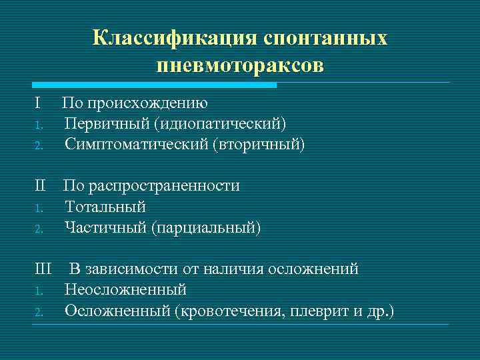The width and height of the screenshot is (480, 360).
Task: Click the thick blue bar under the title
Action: coord(154,85)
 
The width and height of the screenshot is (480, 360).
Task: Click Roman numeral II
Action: coord(40,186)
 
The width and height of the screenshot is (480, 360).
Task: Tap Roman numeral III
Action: coord(43,269)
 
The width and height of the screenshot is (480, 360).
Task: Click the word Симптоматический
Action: coord(135,144)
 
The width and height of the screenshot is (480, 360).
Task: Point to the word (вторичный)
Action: coord(258,144)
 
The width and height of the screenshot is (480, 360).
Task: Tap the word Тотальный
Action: coord(105,207)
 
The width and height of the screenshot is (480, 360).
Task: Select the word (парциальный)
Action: coord(205,227)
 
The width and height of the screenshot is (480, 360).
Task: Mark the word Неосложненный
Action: coord(125,290)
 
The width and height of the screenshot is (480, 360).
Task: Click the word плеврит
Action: coord(319,311)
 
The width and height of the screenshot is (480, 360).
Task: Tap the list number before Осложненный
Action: coord(39,311)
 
